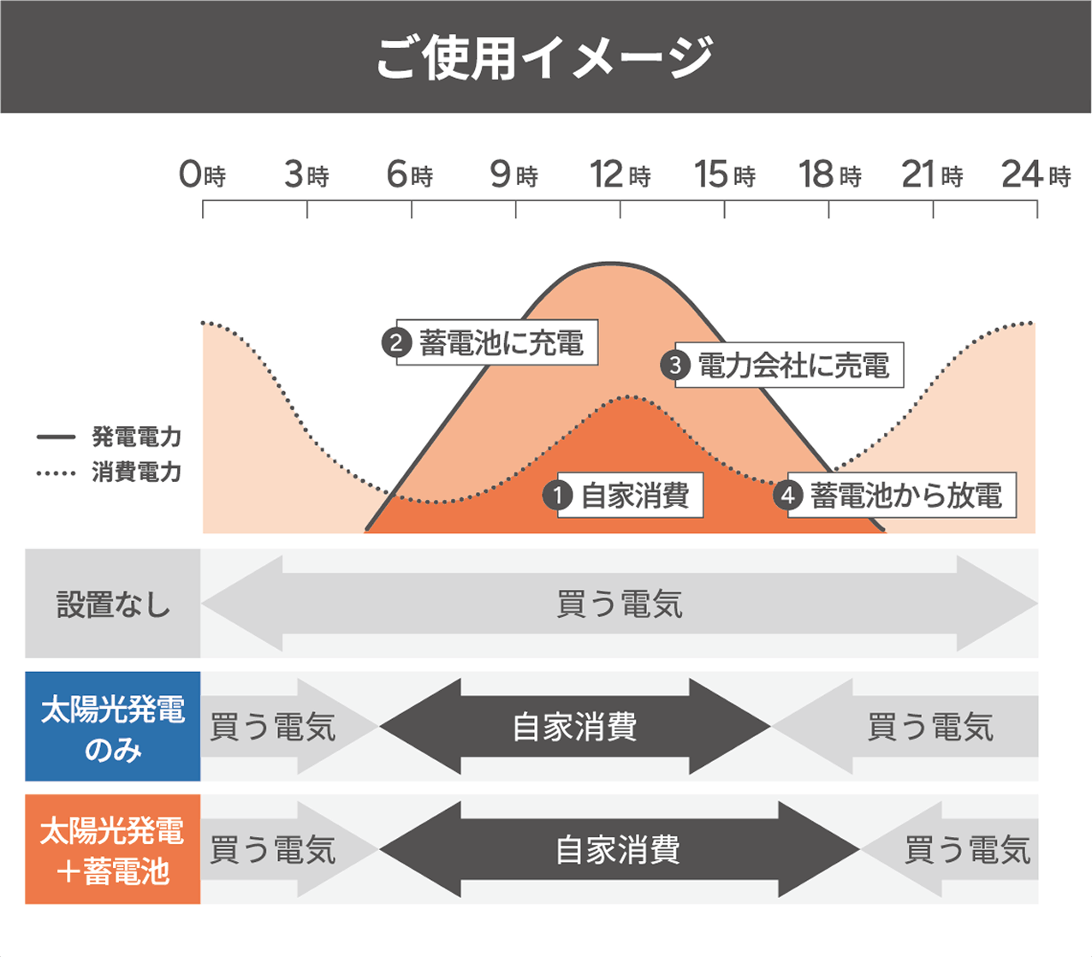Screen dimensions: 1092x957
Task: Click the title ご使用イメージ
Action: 545,57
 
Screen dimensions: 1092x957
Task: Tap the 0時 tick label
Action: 202,175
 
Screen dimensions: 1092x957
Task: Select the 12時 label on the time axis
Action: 620,175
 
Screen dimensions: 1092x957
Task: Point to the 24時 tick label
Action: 1036,175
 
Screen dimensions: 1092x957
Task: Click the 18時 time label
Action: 830,175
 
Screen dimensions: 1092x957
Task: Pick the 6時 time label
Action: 410,175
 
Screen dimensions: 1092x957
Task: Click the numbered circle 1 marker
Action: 558,495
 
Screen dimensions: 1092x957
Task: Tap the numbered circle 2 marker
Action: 397,342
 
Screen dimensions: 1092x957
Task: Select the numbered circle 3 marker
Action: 675,365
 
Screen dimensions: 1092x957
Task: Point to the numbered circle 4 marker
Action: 788,495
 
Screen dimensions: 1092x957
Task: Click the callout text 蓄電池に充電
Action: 501,343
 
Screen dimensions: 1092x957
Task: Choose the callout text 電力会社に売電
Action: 793,365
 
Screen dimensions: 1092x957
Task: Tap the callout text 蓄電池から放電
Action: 906,496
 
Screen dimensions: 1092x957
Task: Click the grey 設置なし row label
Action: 113,603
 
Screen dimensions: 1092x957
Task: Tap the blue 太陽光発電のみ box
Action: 113,726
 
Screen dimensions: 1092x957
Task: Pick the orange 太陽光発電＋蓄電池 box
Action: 113,849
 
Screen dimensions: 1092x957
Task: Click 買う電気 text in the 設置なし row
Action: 620,603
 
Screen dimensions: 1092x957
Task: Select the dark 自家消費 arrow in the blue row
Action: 575,726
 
